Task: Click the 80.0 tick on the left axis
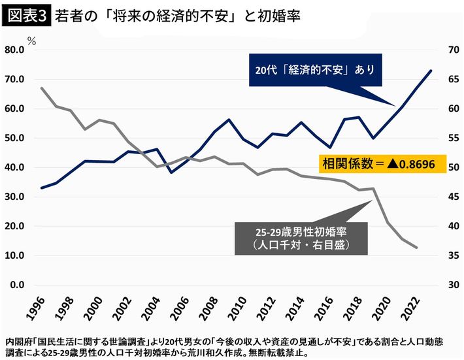14,50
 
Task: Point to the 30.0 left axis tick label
14,197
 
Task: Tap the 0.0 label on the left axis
17,285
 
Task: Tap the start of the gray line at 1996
42,88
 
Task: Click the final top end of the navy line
431,71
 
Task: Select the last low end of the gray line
416,248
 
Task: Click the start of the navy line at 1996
42,188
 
